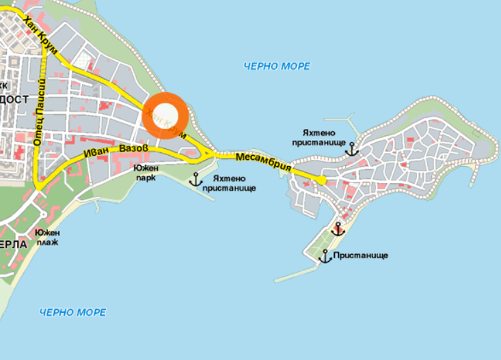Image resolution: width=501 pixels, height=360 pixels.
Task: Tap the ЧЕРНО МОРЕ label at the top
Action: (277, 66)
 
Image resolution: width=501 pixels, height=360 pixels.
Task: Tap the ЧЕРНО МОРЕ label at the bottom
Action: (72, 312)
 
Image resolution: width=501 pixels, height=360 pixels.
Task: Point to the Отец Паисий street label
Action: (40, 112)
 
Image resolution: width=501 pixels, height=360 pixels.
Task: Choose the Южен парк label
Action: (145, 173)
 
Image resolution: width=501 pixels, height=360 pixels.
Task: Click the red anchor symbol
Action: (338, 230)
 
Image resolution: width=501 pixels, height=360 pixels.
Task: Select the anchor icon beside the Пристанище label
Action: (325, 256)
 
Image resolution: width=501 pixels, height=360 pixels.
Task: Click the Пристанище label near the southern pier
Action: (362, 255)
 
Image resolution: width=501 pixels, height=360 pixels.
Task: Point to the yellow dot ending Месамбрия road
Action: (321, 180)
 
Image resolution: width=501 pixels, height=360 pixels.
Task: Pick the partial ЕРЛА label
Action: (13, 245)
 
